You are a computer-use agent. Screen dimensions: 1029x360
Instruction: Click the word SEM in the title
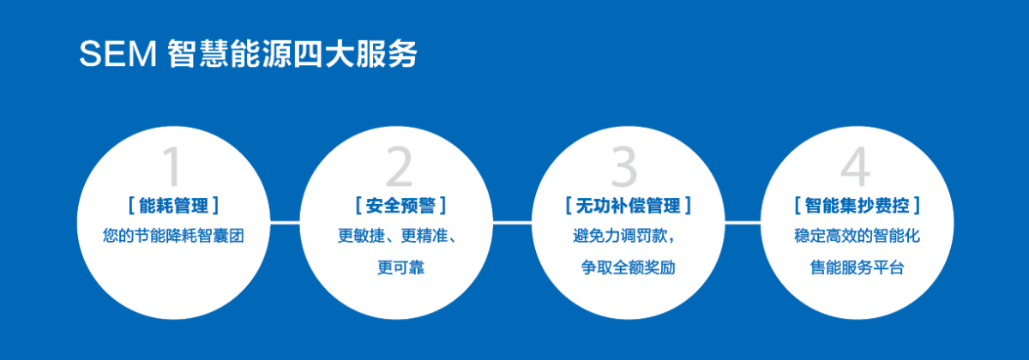(118, 54)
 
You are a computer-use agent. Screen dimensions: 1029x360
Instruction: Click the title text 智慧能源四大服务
(292, 54)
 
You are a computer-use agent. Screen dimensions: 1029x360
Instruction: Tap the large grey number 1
(172, 166)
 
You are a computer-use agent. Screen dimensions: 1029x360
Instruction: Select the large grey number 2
(399, 166)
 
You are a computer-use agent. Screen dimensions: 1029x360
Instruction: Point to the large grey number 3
(624, 166)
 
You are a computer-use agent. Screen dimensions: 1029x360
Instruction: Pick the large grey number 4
(856, 166)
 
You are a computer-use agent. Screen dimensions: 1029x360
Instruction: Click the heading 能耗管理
(173, 205)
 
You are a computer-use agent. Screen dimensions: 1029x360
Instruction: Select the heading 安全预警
(400, 205)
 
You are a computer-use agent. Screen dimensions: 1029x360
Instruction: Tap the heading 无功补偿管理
(628, 205)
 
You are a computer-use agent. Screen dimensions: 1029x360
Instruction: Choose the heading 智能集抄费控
(857, 205)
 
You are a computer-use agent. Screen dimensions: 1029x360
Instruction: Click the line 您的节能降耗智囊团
(173, 236)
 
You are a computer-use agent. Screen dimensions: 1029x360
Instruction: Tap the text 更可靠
(400, 267)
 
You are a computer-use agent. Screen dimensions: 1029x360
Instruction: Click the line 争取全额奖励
(628, 267)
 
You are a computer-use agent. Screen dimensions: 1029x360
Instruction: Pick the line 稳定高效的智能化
(857, 236)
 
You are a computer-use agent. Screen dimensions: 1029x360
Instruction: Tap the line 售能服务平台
(857, 267)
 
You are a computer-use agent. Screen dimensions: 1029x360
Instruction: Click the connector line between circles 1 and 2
(285, 223)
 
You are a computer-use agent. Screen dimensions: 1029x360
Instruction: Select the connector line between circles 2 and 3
(512, 223)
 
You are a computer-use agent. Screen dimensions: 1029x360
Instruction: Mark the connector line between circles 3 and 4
(743, 223)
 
